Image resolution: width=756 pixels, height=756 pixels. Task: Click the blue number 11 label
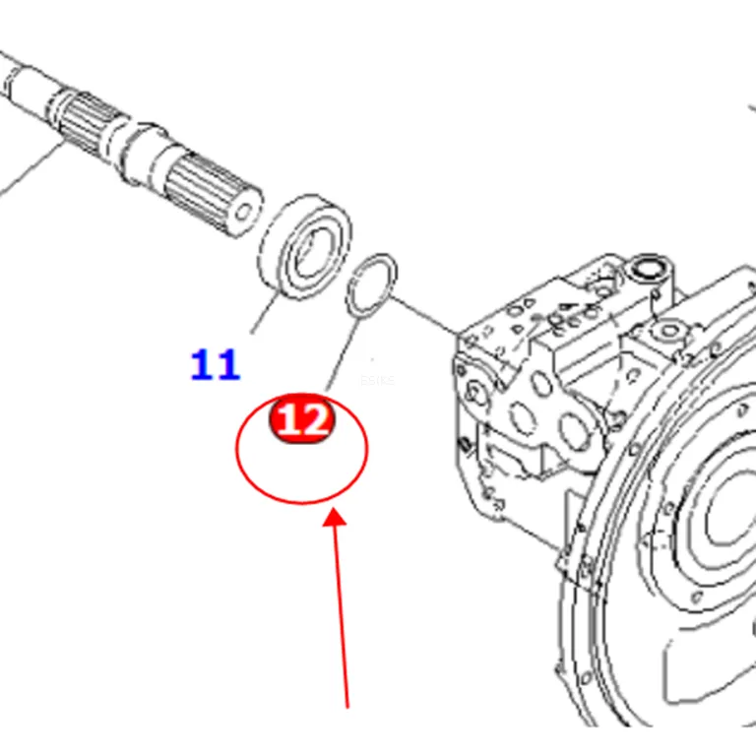click(216, 365)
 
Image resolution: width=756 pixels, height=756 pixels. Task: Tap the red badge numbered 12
click(302, 417)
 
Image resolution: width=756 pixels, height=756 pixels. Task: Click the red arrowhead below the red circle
click(334, 519)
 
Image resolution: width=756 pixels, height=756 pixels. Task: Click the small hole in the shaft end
click(244, 212)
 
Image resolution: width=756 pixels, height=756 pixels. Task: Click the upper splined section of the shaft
click(90, 120)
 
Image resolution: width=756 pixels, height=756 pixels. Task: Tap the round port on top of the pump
click(647, 269)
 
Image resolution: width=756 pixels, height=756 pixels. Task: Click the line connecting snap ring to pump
click(424, 314)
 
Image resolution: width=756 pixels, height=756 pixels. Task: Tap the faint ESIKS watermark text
click(377, 380)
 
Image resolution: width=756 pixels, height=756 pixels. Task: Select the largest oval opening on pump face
click(574, 430)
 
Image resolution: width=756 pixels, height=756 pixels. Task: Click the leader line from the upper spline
click(31, 168)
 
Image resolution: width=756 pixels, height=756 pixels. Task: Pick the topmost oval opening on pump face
click(541, 383)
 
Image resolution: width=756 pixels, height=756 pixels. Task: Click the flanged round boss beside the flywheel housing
click(668, 331)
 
